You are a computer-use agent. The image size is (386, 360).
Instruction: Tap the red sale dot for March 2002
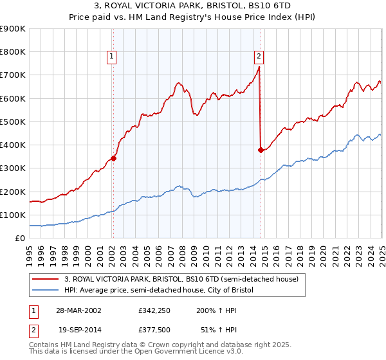pos(113,158)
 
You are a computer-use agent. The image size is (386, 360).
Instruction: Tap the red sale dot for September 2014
pos(261,150)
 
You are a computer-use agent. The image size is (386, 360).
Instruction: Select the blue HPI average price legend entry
pos(159,291)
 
